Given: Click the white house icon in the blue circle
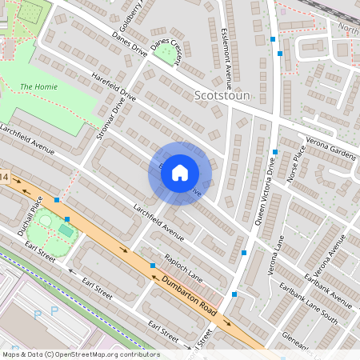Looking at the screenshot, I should click(x=180, y=173).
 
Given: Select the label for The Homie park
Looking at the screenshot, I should click(x=38, y=86).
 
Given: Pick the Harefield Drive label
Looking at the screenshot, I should click(x=114, y=86).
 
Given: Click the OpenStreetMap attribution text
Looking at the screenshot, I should click(x=81, y=354).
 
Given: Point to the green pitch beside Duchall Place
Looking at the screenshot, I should click(x=65, y=230).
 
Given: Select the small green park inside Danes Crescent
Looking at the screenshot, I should click(x=166, y=54).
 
